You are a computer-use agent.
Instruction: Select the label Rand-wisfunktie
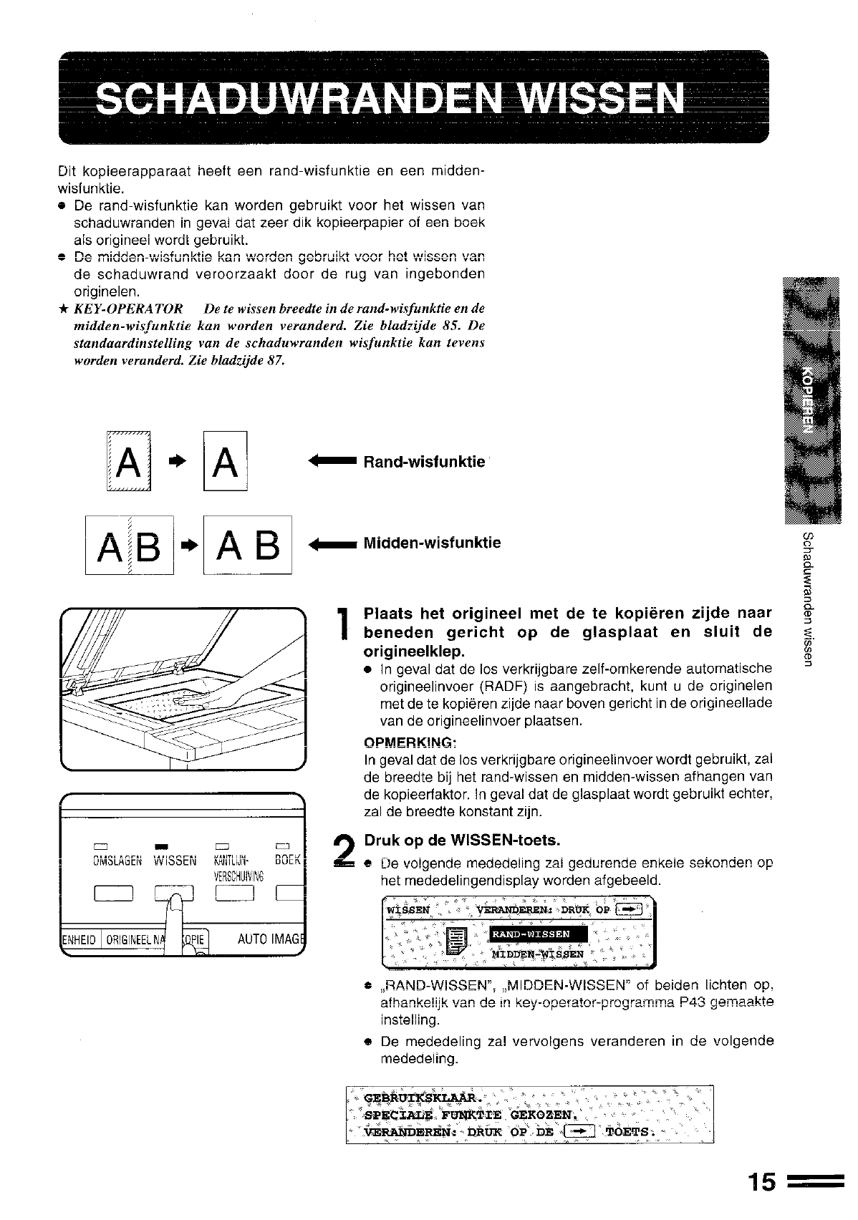tap(424, 463)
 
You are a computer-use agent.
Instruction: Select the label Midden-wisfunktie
tap(432, 543)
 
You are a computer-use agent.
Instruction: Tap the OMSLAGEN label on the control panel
tap(118, 861)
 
